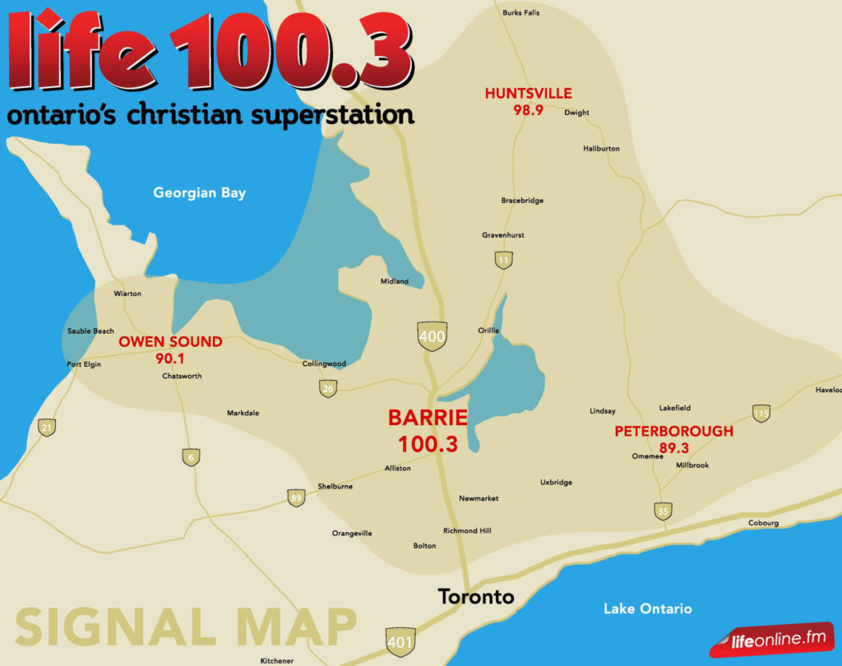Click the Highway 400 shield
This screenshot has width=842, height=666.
click(432, 336)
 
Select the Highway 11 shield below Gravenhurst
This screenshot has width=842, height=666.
click(503, 261)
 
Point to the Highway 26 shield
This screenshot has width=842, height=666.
click(328, 388)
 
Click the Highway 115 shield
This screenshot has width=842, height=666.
click(761, 413)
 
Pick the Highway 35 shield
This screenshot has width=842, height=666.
click(663, 511)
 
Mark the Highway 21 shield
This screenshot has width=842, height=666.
click(47, 427)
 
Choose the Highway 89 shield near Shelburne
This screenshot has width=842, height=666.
click(296, 497)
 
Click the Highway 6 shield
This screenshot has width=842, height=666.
click(191, 457)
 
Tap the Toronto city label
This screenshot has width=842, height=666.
click(476, 597)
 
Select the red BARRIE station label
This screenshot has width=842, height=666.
click(428, 417)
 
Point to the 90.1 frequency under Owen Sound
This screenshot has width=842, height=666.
click(170, 358)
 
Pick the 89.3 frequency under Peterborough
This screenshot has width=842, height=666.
click(673, 447)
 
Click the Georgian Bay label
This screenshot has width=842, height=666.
click(199, 193)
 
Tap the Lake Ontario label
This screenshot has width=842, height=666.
click(647, 609)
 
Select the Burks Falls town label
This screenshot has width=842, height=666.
click(521, 12)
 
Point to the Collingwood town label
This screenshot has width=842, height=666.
click(324, 363)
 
